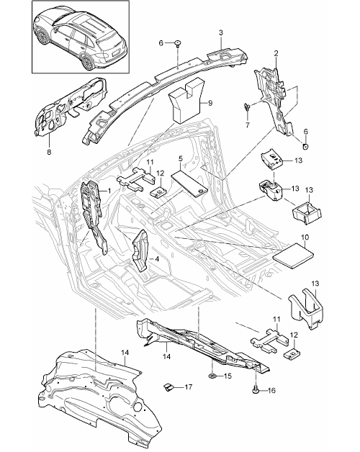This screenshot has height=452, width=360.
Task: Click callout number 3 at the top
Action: click(220, 33)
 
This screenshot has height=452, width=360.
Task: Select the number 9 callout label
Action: click(210, 103)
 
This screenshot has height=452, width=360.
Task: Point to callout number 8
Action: click(49, 152)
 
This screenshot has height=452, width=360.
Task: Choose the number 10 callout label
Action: click(305, 238)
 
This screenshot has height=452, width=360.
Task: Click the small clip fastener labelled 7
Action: click(247, 107)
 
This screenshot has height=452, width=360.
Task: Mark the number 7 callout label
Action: click(248, 125)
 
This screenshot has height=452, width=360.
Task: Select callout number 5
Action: click(181, 158)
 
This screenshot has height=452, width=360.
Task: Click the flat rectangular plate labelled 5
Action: click(189, 184)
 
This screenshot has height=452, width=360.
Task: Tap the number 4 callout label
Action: click(157, 259)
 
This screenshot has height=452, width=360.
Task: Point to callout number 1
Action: click(109, 191)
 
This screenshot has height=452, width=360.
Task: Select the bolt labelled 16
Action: click(256, 389)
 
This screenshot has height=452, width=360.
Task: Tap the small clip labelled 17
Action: click(168, 387)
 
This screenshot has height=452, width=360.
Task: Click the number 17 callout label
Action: click(189, 387)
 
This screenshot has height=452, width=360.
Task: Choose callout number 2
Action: click(276, 53)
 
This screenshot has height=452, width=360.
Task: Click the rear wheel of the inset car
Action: click(86, 61)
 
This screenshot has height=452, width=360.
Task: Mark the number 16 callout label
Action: click(271, 390)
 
